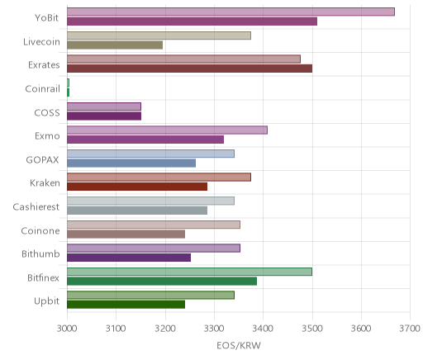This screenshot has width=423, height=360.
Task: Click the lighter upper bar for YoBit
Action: pyautogui.click(x=231, y=12)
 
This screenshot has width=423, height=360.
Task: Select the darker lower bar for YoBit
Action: pyautogui.click(x=192, y=21)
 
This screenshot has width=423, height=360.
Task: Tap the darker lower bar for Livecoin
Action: pyautogui.click(x=115, y=45)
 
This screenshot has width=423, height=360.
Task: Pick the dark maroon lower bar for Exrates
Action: pyautogui.click(x=189, y=69)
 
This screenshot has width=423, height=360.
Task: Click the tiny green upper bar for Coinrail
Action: pyautogui.click(x=68, y=83)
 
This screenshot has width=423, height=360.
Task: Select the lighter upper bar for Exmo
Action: pyautogui.click(x=167, y=130)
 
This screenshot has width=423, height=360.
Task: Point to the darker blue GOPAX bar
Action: pyautogui.click(x=131, y=163)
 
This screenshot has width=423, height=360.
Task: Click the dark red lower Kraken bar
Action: pyautogui.click(x=137, y=187)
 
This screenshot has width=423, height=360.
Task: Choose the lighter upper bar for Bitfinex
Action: pyautogui.click(x=189, y=272)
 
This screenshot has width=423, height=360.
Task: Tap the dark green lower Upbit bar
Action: pyautogui.click(x=126, y=305)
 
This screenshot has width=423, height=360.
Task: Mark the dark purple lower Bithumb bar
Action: pyautogui.click(x=129, y=258)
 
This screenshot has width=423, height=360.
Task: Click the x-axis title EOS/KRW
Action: pyautogui.click(x=239, y=345)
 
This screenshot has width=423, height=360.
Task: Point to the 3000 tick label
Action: pyautogui.click(x=67, y=329)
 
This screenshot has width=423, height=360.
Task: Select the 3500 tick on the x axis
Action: pyautogui.click(x=312, y=329)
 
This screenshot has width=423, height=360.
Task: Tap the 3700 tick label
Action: pyautogui.click(x=410, y=329)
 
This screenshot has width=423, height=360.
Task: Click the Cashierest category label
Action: pyautogui.click(x=36, y=206)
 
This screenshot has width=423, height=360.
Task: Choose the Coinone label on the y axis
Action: pyautogui.click(x=40, y=230)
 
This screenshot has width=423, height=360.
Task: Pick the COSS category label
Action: pyautogui.click(x=47, y=112)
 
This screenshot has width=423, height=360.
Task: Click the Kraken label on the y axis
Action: pyautogui.click(x=45, y=182)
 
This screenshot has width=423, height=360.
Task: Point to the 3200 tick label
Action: pyautogui.click(x=165, y=329)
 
